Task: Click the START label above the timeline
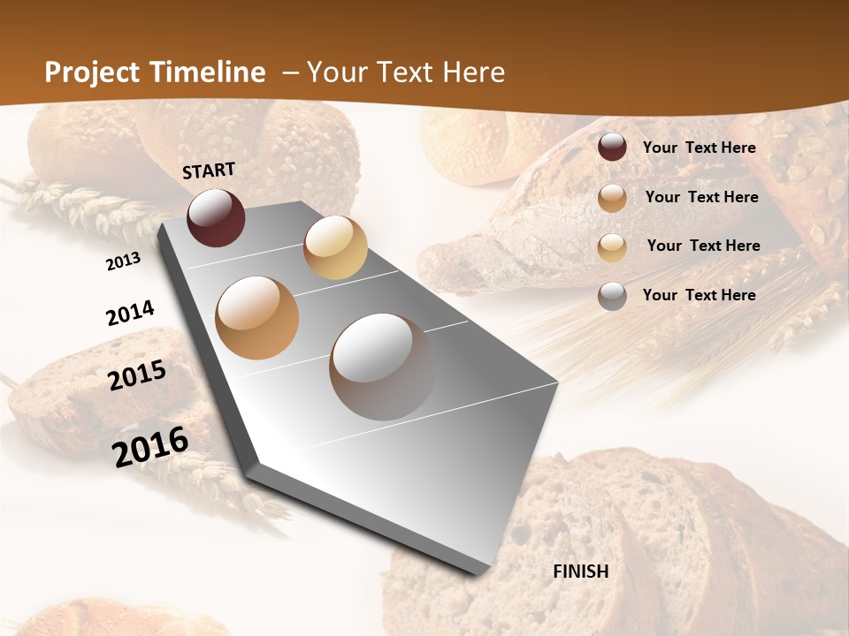(x=209, y=170)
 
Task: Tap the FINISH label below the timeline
(x=581, y=572)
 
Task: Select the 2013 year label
(x=124, y=261)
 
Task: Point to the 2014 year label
(x=130, y=314)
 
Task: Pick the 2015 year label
(x=137, y=375)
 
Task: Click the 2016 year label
(x=150, y=447)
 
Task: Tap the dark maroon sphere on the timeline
(x=216, y=217)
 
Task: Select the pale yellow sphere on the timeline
(x=335, y=247)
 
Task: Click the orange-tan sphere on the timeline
(x=257, y=318)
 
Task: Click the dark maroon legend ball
(x=612, y=148)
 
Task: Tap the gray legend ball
(x=612, y=296)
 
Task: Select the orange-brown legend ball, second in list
(x=612, y=198)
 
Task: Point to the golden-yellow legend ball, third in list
(x=612, y=246)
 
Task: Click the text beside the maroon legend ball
(x=699, y=148)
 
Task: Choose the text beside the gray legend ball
(x=699, y=295)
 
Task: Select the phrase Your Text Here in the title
(x=406, y=72)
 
